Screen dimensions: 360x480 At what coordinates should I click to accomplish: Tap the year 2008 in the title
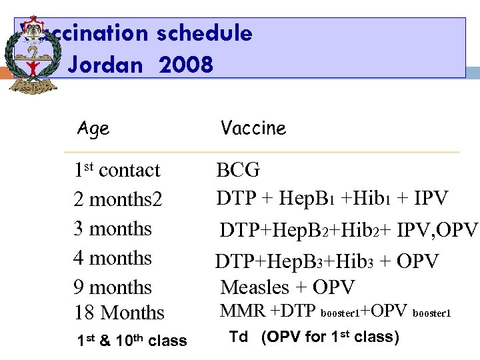186,65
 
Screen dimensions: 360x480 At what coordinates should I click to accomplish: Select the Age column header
93,127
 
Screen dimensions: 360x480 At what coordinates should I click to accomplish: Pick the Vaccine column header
253,127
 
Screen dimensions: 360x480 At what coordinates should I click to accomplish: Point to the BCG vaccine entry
238,170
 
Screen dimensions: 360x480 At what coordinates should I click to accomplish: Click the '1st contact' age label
117,170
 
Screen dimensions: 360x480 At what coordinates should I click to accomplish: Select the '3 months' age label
113,229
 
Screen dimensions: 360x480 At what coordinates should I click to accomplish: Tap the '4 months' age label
113,258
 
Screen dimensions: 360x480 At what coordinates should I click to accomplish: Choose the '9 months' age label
113,287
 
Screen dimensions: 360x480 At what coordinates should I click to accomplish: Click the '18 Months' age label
119,312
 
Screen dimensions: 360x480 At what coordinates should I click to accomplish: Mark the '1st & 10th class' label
131,341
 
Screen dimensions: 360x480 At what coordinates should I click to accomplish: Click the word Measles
254,287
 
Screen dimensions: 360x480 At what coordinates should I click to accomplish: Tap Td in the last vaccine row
239,337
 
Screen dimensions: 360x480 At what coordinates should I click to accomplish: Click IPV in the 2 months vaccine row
430,198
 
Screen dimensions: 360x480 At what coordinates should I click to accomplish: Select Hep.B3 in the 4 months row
299,262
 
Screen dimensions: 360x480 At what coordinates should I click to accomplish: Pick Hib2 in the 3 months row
362,230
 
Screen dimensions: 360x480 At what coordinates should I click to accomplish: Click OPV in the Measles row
334,287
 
